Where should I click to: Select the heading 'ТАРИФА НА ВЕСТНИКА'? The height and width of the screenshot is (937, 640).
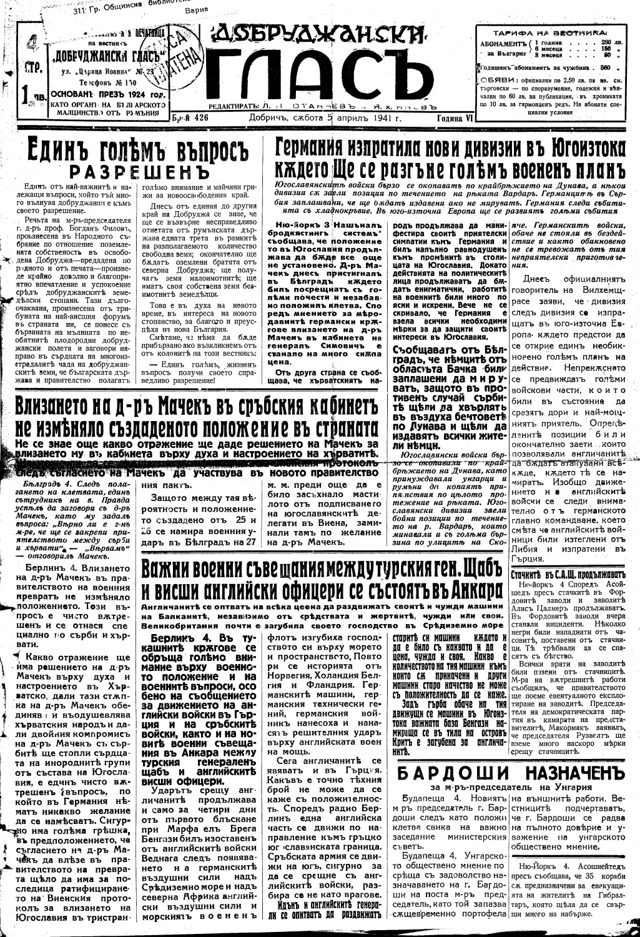[x=550, y=32]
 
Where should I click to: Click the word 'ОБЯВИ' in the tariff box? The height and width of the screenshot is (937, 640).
[x=498, y=79]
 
